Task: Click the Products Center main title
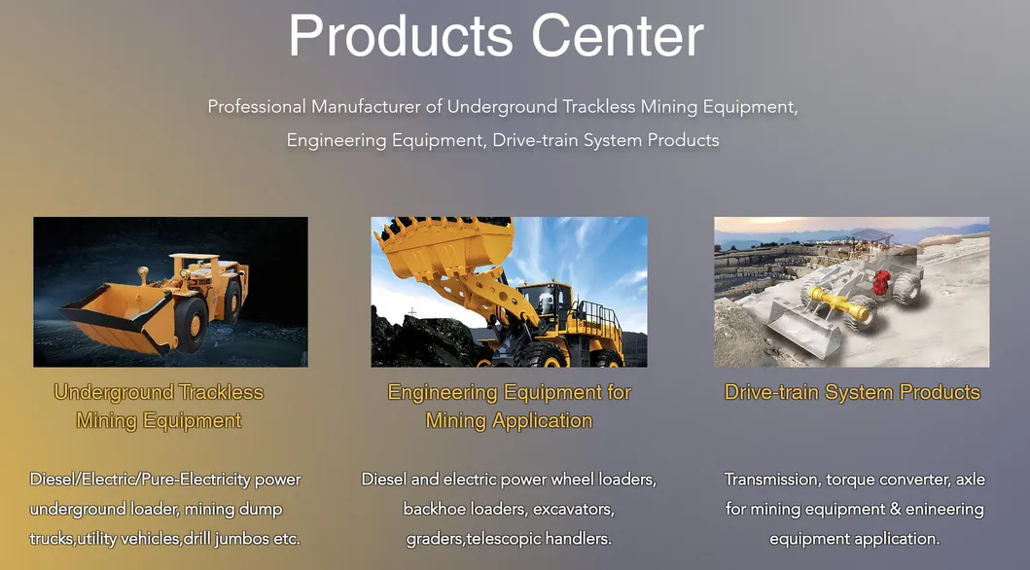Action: tap(495, 36)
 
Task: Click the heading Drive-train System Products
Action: tap(852, 392)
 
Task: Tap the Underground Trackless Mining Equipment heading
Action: tap(159, 407)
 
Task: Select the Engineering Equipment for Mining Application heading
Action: tap(509, 407)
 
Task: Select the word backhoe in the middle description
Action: tap(431, 509)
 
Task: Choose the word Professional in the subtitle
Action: tap(257, 106)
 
